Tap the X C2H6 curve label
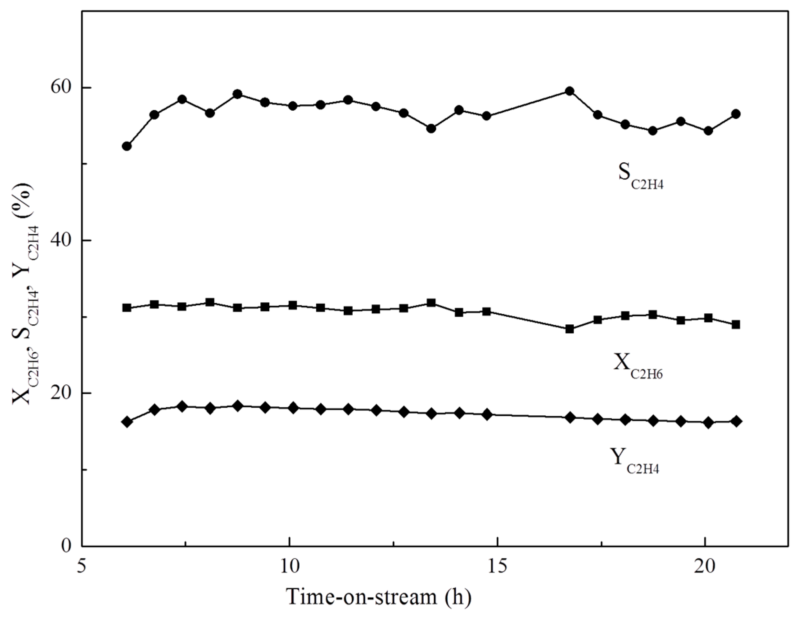pyautogui.click(x=638, y=366)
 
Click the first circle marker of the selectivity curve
pyautogui.click(x=127, y=146)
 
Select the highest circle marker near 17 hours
pyautogui.click(x=569, y=91)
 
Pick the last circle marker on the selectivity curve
pyautogui.click(x=736, y=114)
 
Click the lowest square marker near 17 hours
pyautogui.click(x=569, y=329)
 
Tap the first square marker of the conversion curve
pyautogui.click(x=127, y=307)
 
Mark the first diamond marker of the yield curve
pyautogui.click(x=127, y=422)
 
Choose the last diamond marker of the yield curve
pyautogui.click(x=737, y=421)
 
